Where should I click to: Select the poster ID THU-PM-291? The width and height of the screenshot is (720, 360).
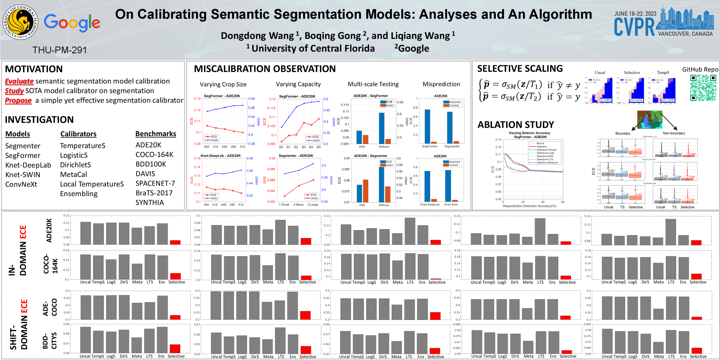coord(59,50)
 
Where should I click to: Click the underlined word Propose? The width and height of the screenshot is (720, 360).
coord(18,100)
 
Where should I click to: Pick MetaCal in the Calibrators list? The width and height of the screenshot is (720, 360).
coord(74,174)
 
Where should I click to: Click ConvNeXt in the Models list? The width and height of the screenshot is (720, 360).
coord(21,184)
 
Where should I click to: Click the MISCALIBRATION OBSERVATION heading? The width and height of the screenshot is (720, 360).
coord(265,69)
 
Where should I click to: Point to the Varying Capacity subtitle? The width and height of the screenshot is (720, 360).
coord(298,84)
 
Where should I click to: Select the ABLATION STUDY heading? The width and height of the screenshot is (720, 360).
coord(516,124)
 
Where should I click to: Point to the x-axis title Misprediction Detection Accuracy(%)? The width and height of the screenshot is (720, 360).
coord(529,206)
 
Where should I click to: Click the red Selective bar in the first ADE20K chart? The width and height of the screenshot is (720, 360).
coord(175,242)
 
